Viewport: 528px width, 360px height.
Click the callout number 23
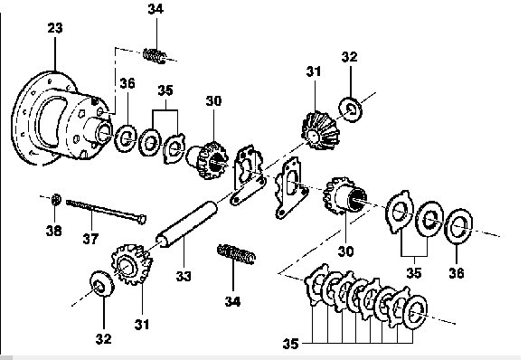[55, 28]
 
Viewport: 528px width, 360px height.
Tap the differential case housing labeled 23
[61, 118]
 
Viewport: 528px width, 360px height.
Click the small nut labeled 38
[56, 199]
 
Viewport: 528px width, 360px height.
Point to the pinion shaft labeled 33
[186, 224]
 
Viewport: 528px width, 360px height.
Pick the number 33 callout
[184, 276]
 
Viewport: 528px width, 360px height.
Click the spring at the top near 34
[155, 56]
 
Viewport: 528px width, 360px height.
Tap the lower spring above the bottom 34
[236, 254]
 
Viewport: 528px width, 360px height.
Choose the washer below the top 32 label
[351, 109]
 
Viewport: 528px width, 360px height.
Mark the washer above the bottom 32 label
[101, 283]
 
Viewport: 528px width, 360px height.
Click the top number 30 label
[214, 100]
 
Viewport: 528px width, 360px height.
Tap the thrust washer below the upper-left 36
[126, 138]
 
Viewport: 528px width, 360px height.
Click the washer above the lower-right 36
[458, 226]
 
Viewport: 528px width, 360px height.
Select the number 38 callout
[54, 231]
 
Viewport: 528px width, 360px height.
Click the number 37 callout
[90, 239]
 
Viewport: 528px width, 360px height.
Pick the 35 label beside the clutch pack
[290, 344]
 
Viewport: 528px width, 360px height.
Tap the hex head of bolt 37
[142, 220]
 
